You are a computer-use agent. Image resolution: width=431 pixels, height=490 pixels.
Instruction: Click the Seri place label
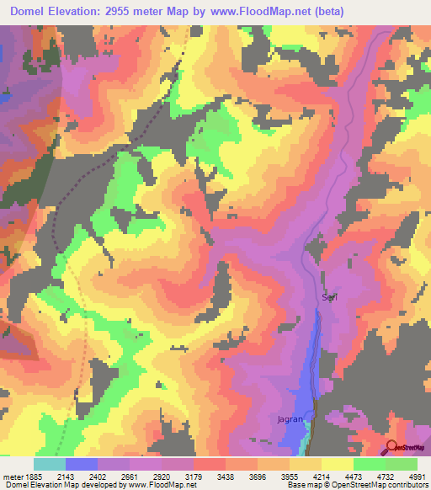(329, 298)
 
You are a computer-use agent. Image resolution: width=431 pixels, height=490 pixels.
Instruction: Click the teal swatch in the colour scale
(49, 464)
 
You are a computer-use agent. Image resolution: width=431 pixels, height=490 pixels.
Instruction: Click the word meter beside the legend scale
(11, 477)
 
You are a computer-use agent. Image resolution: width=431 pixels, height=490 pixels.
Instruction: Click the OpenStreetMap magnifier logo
(391, 448)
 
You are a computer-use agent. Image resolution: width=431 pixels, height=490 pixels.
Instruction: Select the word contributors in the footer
(407, 486)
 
